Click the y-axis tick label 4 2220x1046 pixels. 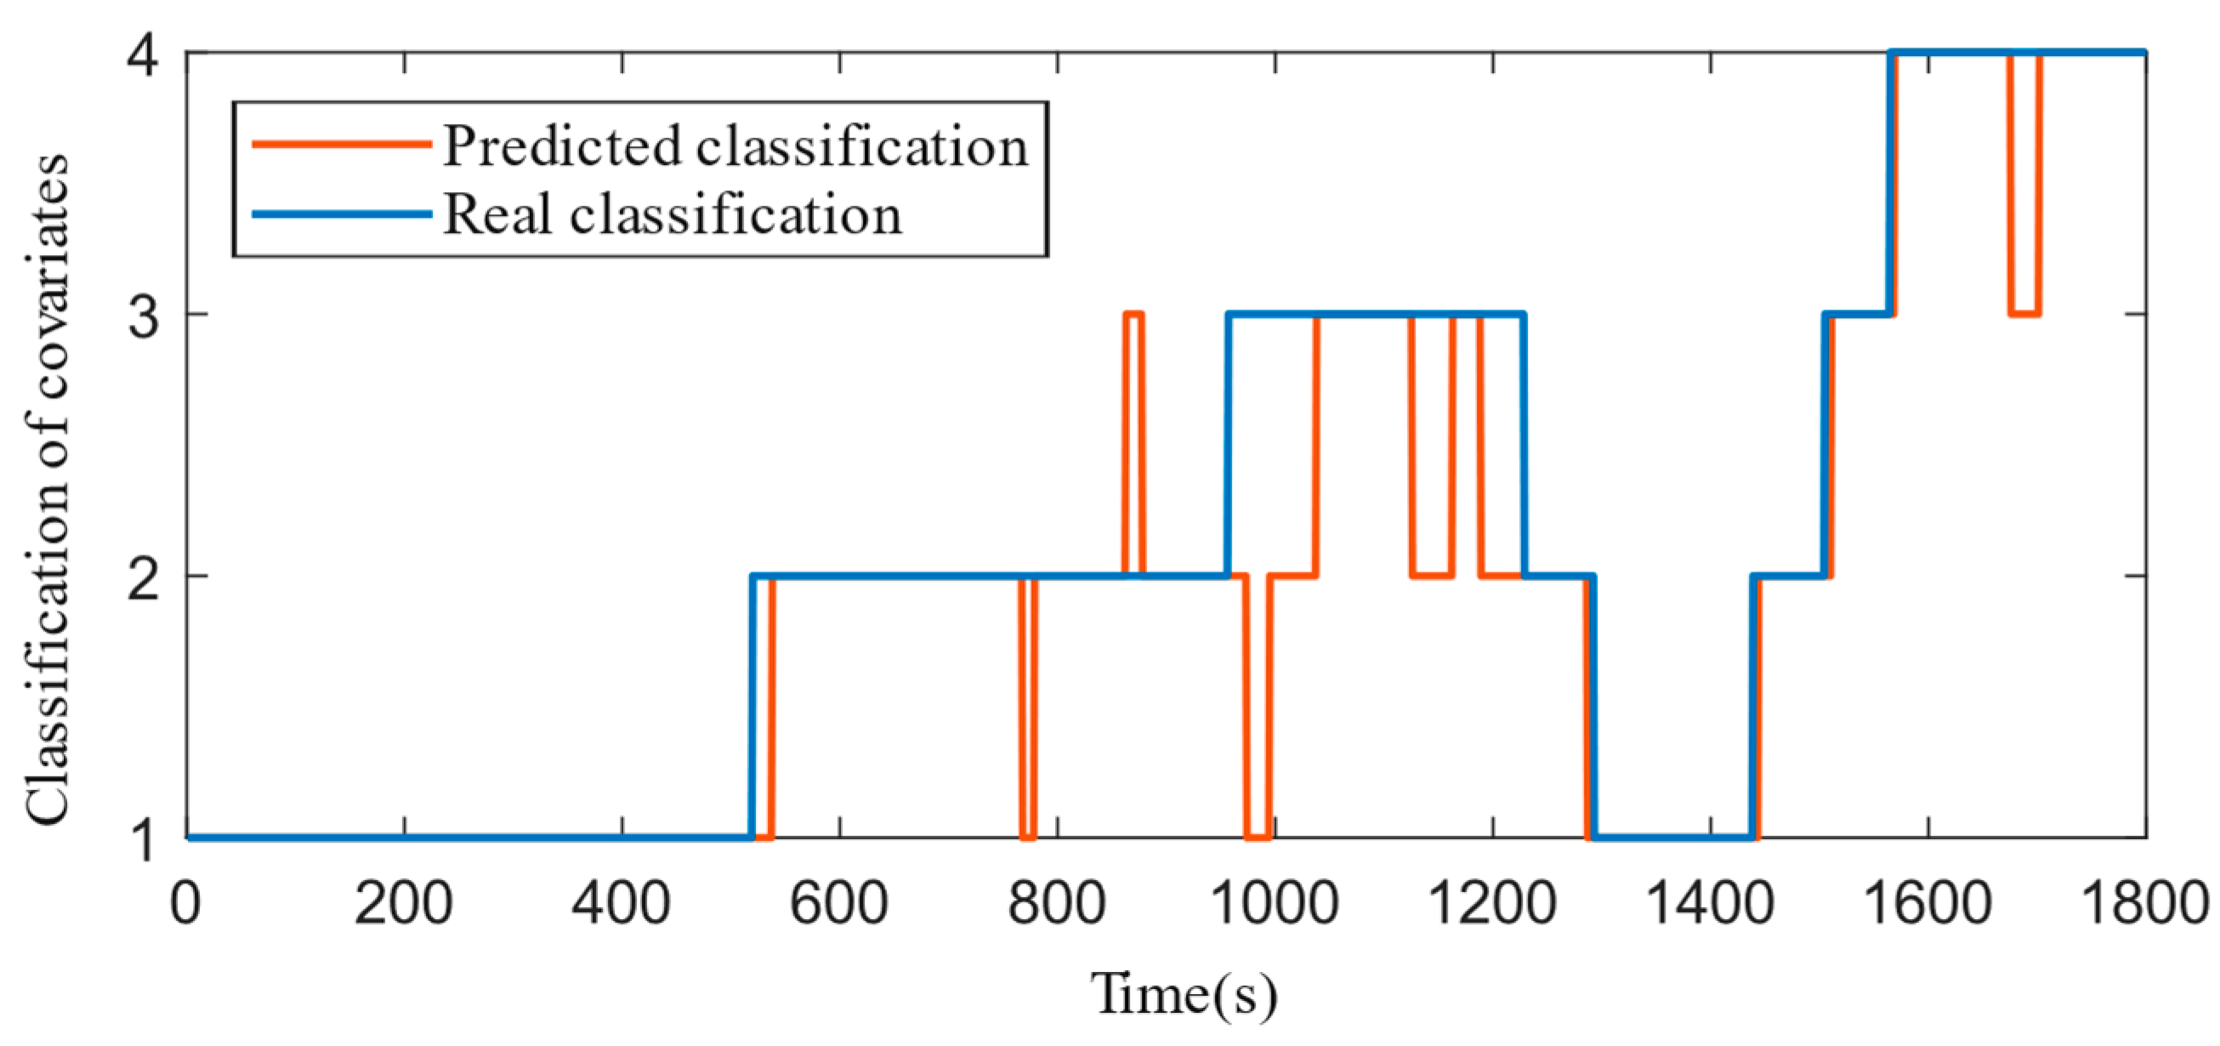(x=142, y=57)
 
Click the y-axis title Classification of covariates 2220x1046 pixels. (x=47, y=488)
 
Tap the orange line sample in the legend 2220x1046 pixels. (x=341, y=144)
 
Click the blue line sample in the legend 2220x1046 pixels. (x=341, y=213)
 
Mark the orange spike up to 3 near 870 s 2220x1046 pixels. (x=1133, y=316)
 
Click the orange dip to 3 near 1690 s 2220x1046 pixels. (x=2024, y=314)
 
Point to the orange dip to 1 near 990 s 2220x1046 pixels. (x=1258, y=836)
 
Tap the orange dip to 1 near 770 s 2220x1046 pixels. (x=1027, y=836)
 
